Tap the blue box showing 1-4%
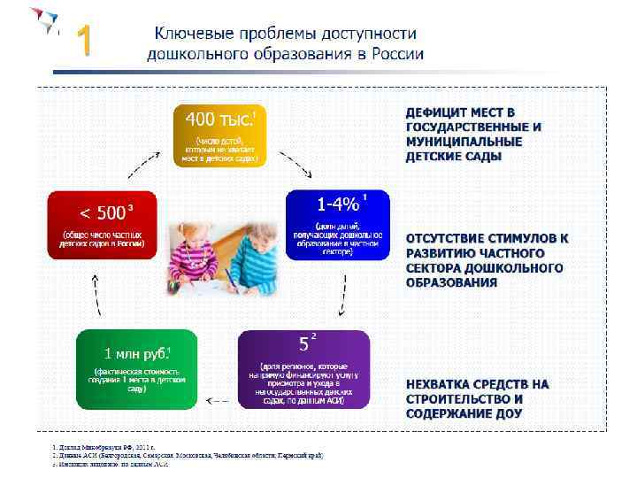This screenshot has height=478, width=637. (x=337, y=225)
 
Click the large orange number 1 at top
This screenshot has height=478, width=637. (x=83, y=42)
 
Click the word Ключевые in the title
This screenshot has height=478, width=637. (x=188, y=34)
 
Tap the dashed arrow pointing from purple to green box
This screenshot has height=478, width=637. (x=219, y=399)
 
